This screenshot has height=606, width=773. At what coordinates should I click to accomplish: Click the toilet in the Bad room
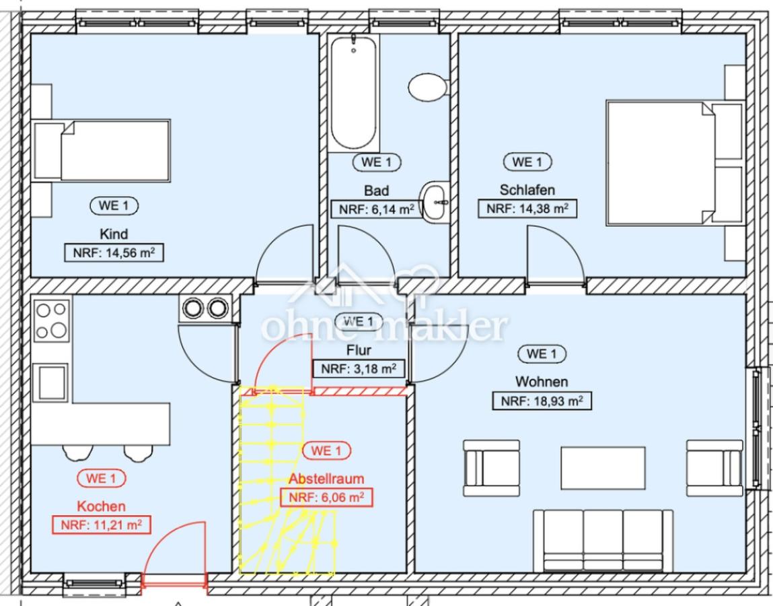428,88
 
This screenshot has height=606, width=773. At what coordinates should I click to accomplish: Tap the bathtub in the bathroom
353,92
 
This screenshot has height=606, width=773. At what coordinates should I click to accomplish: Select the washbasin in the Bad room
435,202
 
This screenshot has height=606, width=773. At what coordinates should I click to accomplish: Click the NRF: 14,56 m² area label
114,252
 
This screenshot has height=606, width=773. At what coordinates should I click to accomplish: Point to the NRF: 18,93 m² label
542,401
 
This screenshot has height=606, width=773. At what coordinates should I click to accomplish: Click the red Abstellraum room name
326,479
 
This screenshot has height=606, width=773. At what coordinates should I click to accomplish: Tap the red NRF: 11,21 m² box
101,525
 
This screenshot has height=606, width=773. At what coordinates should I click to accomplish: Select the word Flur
359,350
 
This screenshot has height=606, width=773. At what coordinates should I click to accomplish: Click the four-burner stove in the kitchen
51,321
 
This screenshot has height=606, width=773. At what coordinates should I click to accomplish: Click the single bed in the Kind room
102,151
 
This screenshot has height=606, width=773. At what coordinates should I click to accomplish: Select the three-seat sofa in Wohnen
603,541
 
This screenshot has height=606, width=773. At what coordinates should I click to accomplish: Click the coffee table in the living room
603,468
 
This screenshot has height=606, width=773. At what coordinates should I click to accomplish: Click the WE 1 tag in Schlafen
527,162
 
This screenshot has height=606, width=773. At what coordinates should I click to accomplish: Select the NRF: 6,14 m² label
376,209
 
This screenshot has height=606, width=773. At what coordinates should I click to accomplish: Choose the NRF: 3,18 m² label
359,368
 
